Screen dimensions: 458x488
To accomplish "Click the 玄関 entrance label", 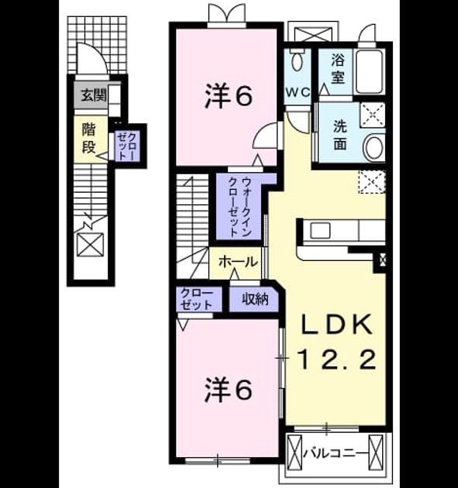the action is tap(94, 95).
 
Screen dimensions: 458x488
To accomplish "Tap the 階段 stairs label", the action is tap(89, 138).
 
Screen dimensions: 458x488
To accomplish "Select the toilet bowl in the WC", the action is tap(298, 60).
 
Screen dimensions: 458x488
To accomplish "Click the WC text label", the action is tap(298, 91).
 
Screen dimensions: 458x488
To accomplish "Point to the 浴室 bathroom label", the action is tap(338, 69).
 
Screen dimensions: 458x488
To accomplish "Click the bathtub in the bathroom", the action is tap(369, 71).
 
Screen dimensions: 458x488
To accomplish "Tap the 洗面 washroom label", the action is tap(340, 135).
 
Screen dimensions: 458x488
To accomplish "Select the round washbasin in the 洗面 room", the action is tap(374, 147).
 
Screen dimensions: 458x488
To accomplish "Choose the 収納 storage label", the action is tap(255, 299).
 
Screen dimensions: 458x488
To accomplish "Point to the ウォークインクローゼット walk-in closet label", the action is tap(240, 207).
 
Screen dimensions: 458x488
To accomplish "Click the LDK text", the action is tap(336, 325).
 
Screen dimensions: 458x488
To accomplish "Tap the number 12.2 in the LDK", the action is tap(337, 359).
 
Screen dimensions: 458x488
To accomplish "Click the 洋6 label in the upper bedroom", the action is tap(228, 96).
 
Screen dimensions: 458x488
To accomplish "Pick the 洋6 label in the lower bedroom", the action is tap(228, 390).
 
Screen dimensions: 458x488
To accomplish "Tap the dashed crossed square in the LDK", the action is tap(372, 182).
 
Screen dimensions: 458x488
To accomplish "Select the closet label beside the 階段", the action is tap(127, 146).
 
